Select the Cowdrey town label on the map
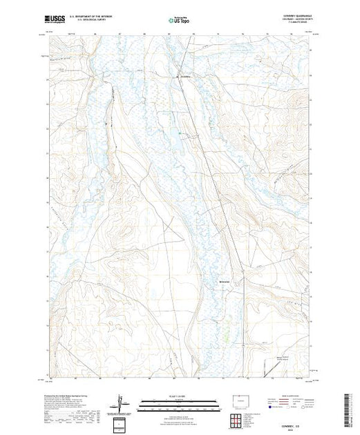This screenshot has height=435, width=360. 185,75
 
